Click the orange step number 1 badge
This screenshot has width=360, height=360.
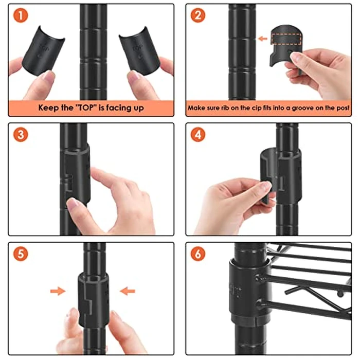21,15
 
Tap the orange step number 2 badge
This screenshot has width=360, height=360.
198,15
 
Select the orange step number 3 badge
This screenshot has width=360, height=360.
21,135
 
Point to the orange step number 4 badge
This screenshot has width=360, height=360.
198,135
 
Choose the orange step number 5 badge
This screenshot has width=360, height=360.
21,254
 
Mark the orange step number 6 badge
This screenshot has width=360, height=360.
198,254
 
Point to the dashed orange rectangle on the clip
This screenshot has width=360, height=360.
286,39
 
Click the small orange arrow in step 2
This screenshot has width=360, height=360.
263,39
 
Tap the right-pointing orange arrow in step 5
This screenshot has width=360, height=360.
58,291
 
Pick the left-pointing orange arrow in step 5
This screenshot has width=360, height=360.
128,291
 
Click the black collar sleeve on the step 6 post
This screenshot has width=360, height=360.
249,292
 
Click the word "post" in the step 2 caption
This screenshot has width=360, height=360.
344,108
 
